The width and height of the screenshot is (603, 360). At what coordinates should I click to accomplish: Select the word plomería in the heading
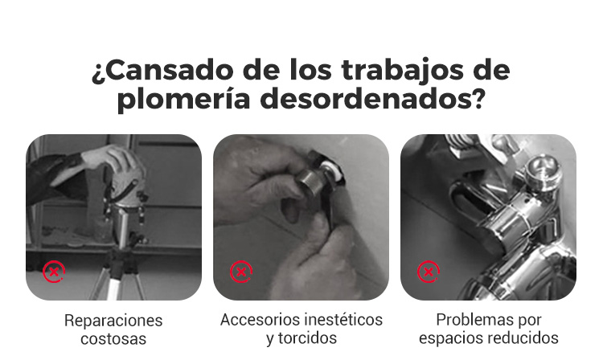click(184, 100)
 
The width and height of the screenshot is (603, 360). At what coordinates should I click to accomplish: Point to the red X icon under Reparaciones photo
click(54, 272)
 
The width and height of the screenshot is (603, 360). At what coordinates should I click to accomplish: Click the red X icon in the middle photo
click(241, 272)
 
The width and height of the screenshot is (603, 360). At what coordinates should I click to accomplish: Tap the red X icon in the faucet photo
click(429, 272)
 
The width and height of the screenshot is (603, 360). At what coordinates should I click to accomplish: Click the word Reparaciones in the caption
click(113, 321)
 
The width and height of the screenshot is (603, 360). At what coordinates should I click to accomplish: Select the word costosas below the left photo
click(113, 339)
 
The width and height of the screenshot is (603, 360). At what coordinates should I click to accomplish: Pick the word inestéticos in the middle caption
click(342, 320)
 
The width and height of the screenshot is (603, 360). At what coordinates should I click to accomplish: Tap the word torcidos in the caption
click(307, 338)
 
